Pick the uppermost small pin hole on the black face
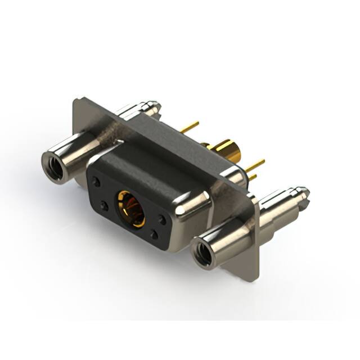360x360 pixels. (97, 182)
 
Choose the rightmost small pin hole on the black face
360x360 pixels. (162, 219)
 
